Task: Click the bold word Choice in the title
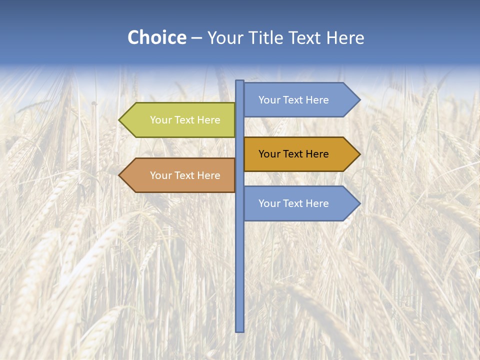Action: [156, 38]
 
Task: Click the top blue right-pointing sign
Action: [295, 100]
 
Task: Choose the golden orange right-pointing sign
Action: [295, 154]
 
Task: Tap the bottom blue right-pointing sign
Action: [295, 203]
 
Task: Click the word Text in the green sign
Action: [185, 120]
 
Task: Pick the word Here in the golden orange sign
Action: [317, 154]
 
